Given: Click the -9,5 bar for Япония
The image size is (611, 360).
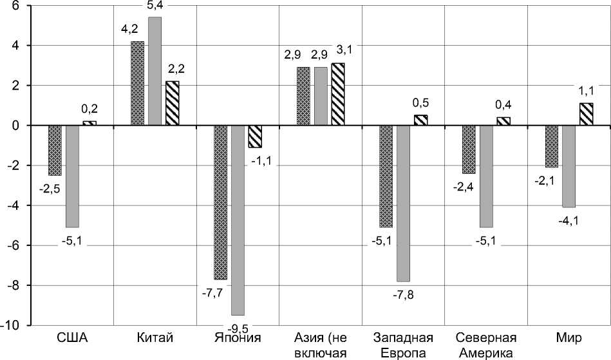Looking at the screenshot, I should point(238,220).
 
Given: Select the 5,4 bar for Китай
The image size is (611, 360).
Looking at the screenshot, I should point(155,71).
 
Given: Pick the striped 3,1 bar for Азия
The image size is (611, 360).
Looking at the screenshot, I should point(337,94).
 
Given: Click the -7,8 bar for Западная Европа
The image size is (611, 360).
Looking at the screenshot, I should point(403,203).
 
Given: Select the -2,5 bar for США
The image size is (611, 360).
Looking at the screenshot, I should point(55,150).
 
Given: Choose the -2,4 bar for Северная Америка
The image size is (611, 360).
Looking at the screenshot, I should point(469,149).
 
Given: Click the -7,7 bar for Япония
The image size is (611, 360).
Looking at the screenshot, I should point(220,202).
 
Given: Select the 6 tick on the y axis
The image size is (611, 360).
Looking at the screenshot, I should point(15,6).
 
